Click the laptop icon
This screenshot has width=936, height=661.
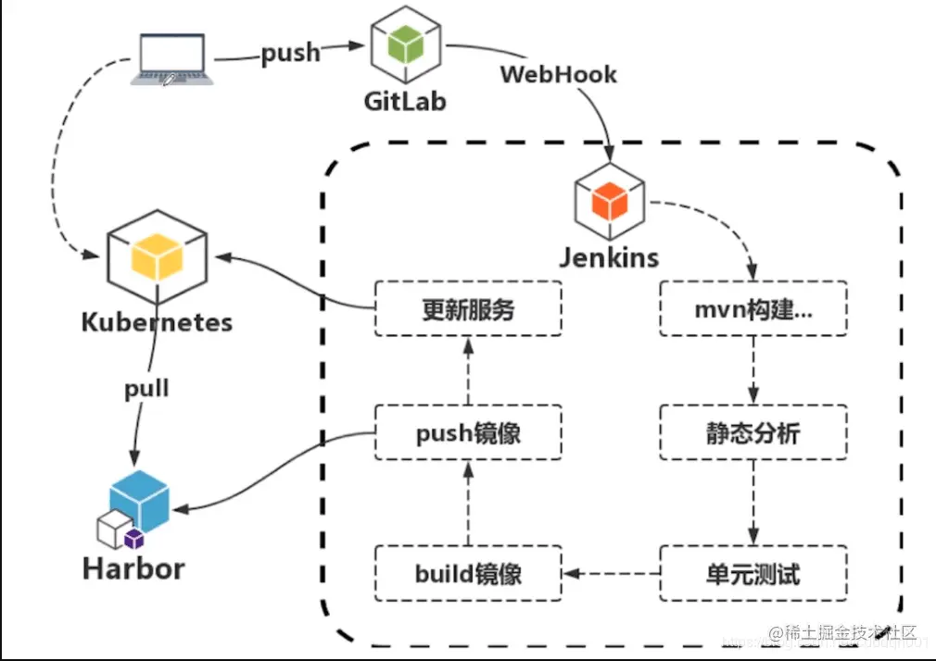point(172,59)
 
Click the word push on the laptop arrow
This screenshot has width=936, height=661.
point(290,53)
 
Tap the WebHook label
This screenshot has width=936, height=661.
point(558,74)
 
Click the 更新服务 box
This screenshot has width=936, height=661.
point(468,309)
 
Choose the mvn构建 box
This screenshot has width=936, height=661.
point(753,309)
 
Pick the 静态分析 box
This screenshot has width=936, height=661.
point(753,432)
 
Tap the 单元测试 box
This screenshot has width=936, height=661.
point(753,573)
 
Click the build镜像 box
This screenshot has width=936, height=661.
point(468,573)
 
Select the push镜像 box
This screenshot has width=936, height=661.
point(468,432)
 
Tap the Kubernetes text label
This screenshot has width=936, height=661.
point(157,322)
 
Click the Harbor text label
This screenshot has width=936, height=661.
point(133,567)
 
